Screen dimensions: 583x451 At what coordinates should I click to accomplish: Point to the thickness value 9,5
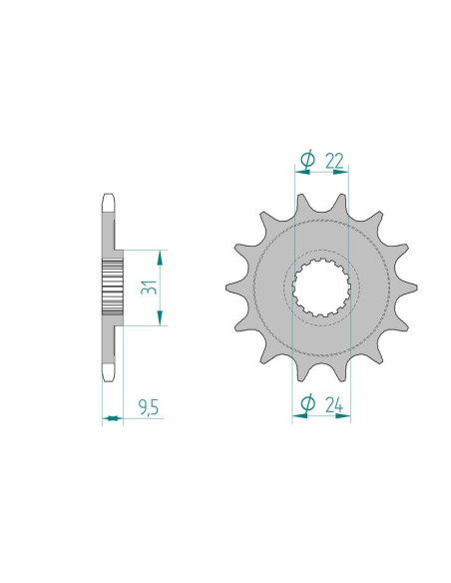[x=148, y=408]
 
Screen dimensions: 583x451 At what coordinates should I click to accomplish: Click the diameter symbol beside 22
[x=307, y=158]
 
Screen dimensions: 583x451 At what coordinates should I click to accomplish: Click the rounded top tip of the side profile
[x=110, y=200]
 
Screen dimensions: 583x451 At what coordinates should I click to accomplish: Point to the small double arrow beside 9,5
[x=111, y=418]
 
